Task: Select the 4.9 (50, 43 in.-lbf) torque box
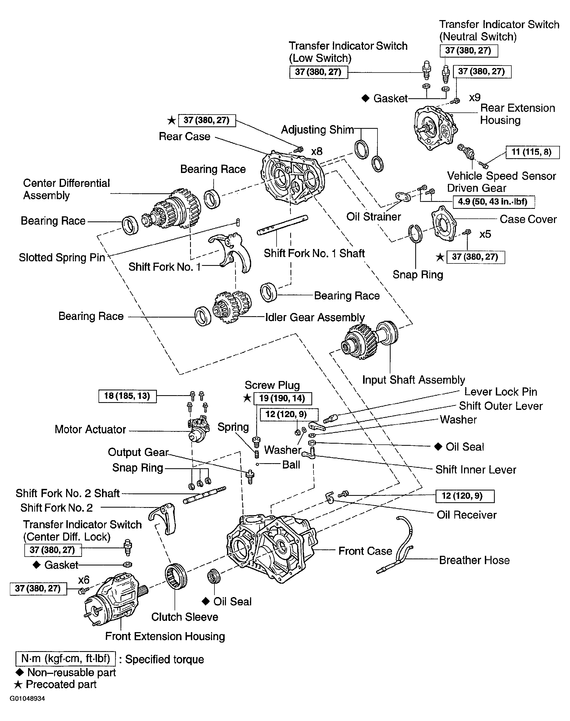[x=494, y=202]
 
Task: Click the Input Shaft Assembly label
[x=413, y=380]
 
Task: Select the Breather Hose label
[x=474, y=560]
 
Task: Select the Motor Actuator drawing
[x=198, y=428]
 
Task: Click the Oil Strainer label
[x=373, y=217]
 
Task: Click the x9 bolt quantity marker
[x=475, y=97]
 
